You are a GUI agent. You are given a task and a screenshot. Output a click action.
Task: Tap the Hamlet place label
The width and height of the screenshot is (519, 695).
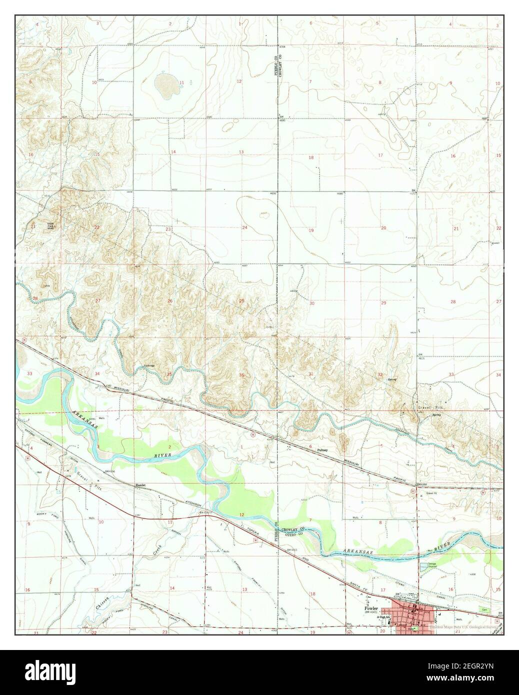click(136, 485)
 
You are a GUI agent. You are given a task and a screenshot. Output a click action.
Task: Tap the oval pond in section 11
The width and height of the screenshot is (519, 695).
click(164, 83)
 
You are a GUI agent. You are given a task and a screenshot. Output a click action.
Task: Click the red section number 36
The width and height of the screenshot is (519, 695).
click(242, 375)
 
